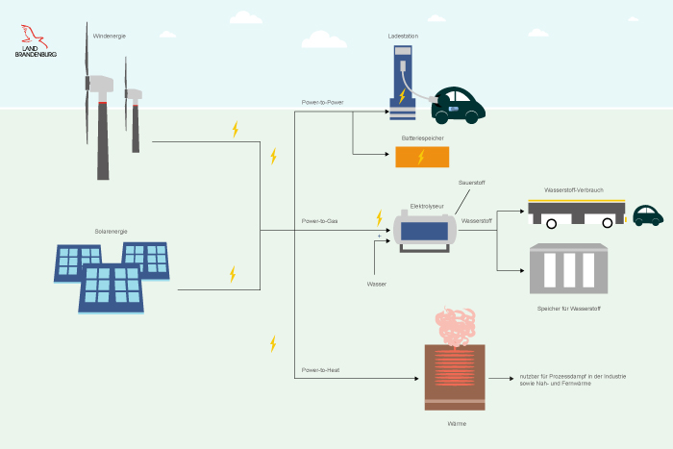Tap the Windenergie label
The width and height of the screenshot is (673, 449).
pos(109,36)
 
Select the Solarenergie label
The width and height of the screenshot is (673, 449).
pos(111,232)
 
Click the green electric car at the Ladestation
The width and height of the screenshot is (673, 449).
pos(457,105)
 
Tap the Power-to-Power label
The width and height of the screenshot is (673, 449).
pos(322,101)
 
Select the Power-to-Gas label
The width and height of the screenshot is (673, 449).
pos(319,221)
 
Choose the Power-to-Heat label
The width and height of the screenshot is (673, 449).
pos(320,369)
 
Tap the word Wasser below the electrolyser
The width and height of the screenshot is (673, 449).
pos(377,285)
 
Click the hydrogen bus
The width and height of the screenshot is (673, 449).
pos(577,213)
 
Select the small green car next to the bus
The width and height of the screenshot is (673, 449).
pos(647,214)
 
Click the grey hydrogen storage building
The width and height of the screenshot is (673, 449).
pos(568,268)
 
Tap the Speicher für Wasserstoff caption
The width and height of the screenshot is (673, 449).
pos(569,309)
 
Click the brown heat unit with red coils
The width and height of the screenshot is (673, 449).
pos(455,376)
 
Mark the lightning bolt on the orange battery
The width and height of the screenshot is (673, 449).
pos(420,157)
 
